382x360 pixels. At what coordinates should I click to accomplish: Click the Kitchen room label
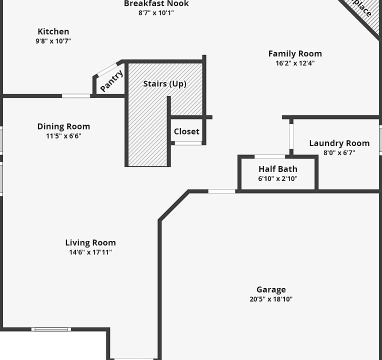53,31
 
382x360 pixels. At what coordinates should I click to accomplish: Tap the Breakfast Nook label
156,4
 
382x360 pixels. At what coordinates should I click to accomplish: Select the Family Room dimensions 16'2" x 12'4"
295,63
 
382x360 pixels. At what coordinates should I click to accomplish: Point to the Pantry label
111,81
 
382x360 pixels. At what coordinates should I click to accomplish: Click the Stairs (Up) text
165,83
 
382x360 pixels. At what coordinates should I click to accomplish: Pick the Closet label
186,132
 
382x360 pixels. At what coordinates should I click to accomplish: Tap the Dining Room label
63,126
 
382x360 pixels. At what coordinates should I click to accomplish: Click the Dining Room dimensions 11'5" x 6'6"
60,136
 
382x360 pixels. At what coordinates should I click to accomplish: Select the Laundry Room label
339,143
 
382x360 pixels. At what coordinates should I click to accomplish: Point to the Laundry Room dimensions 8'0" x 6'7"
339,153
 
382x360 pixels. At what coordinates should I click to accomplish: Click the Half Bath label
278,169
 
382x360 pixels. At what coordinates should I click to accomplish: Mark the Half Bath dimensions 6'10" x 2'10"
278,178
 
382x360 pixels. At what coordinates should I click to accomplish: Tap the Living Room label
90,243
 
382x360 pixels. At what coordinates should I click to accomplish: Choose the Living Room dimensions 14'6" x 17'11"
90,252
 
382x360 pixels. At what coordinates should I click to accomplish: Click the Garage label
271,289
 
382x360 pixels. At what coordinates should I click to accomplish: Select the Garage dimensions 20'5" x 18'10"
271,299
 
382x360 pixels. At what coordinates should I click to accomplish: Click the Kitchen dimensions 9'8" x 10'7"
53,41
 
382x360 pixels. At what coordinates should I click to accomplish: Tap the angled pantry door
107,69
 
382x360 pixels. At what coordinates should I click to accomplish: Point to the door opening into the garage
221,191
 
